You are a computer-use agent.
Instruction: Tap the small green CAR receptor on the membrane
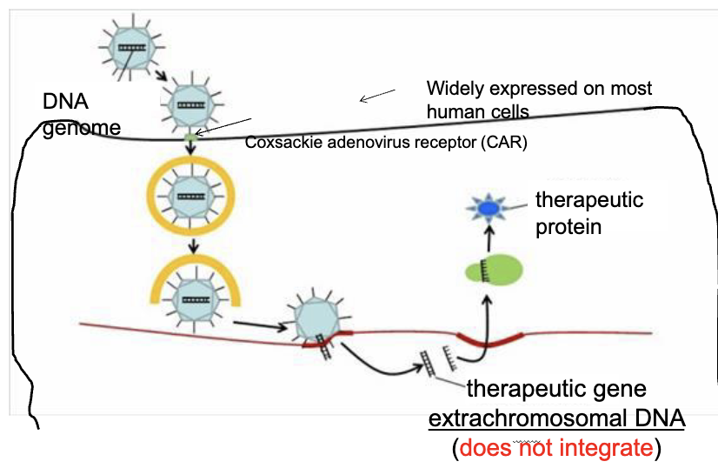point(191,136)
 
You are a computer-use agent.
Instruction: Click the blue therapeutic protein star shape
point(488,209)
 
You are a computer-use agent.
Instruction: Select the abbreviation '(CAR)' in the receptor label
point(506,141)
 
